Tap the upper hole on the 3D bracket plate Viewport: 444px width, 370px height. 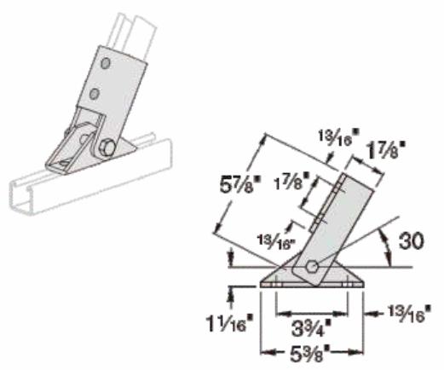[102, 64]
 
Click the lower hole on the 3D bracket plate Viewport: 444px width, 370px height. [96, 92]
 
